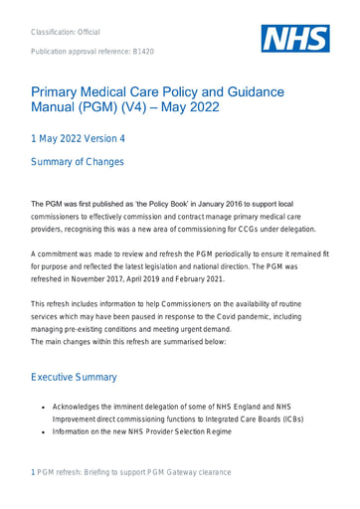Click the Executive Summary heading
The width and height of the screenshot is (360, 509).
[90, 379]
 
